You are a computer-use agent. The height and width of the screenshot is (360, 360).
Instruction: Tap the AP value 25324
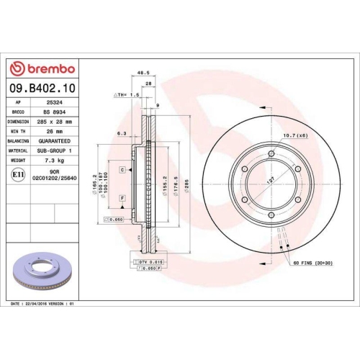tap(52, 103)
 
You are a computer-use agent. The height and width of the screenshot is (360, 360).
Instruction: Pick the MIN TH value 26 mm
tap(53, 132)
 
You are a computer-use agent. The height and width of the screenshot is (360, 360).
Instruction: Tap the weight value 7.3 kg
tap(53, 162)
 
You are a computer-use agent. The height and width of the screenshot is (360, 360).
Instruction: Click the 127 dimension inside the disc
tap(271, 182)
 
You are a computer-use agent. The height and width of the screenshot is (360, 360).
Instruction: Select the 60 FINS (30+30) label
tap(311, 265)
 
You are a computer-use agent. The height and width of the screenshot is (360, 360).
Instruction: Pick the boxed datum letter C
tap(123, 169)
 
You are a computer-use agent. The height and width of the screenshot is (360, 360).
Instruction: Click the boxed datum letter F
tap(123, 197)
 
